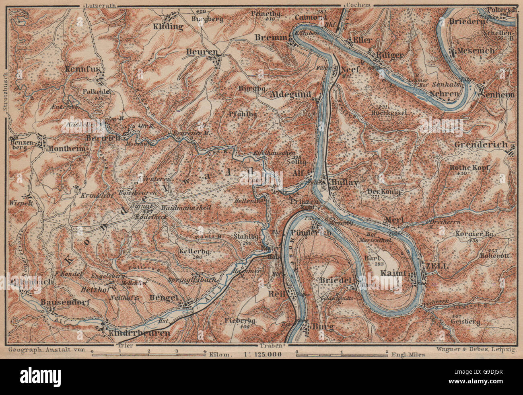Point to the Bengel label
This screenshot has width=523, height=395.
pos(163,298)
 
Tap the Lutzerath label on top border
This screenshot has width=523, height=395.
pos(98,5)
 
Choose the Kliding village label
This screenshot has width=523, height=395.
pos(168,27)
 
